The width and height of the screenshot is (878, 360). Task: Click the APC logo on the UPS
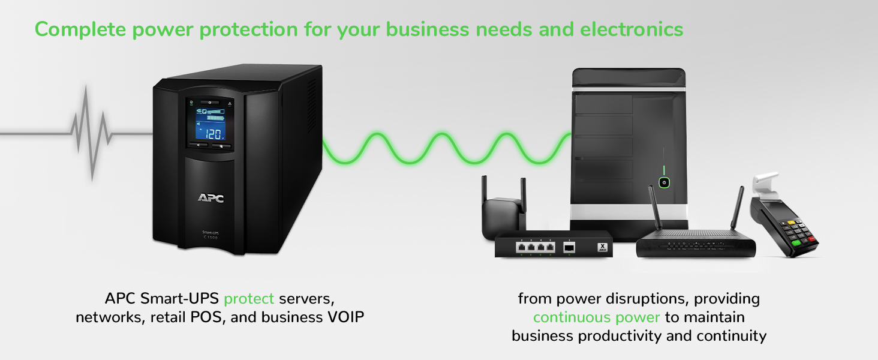coord(211,197)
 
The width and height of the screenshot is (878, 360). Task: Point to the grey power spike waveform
coord(91,133)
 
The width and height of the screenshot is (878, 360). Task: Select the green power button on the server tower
coord(664,182)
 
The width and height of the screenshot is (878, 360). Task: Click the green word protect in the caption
coord(249,298)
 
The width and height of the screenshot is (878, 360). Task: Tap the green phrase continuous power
coord(596,317)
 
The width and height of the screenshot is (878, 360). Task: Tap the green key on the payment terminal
coord(796,242)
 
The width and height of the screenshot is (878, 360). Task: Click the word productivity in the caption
coord(620,335)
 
